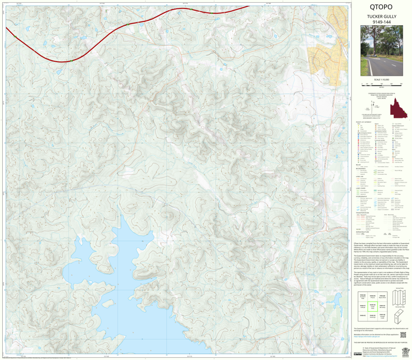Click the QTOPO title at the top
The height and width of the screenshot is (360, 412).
click(x=381, y=8)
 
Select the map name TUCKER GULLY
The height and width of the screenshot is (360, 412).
click(x=381, y=17)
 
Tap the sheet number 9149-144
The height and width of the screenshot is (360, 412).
click(x=381, y=22)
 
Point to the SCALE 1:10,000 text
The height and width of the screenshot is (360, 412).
click(x=381, y=79)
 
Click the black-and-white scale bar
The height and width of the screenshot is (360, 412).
click(x=381, y=85)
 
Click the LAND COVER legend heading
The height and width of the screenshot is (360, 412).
click(x=359, y=188)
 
